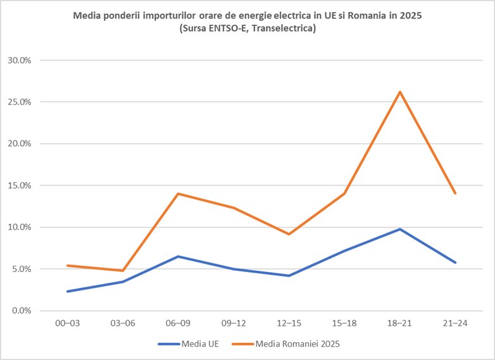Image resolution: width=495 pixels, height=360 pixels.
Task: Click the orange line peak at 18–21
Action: point(399,92)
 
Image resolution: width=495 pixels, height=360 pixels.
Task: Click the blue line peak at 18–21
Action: point(399,229)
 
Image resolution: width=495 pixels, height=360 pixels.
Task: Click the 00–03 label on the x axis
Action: point(68,323)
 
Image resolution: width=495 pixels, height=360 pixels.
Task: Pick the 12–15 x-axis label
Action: point(289,323)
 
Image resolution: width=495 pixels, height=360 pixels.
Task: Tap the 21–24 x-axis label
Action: point(454,323)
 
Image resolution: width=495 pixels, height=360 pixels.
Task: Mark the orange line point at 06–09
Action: point(179,194)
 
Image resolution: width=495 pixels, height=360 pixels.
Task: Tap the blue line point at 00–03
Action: point(68,292)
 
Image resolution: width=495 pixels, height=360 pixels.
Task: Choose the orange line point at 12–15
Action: point(289,234)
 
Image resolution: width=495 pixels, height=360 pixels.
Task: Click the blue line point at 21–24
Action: point(454,263)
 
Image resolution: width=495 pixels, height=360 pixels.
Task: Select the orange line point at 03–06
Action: point(123,271)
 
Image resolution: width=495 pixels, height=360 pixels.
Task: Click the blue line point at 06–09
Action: point(179,256)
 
